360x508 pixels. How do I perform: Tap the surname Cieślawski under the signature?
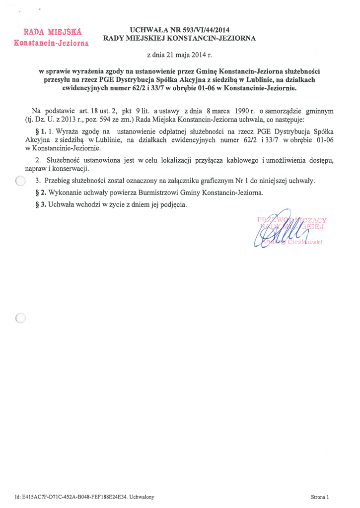pos(304,241)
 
